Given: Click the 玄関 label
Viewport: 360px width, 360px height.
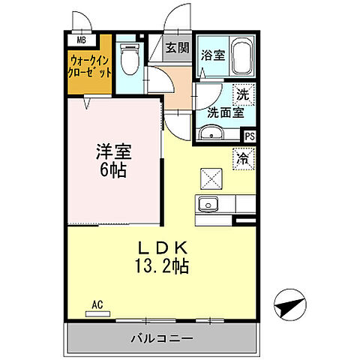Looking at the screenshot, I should coord(178,49).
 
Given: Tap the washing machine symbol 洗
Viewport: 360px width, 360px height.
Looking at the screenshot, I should coord(242,95).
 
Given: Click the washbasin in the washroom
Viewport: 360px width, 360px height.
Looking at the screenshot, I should coord(212,135).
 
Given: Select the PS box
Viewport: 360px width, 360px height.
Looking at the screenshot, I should coord(249,136).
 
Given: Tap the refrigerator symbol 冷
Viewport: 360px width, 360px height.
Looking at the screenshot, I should coord(244,158).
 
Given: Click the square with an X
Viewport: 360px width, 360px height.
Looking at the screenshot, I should coord(210,178).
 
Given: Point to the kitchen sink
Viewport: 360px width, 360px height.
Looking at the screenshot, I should coord(207,203).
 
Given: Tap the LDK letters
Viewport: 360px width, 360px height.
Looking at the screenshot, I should coord(160,249).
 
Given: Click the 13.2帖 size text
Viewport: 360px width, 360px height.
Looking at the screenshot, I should coord(160,265).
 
